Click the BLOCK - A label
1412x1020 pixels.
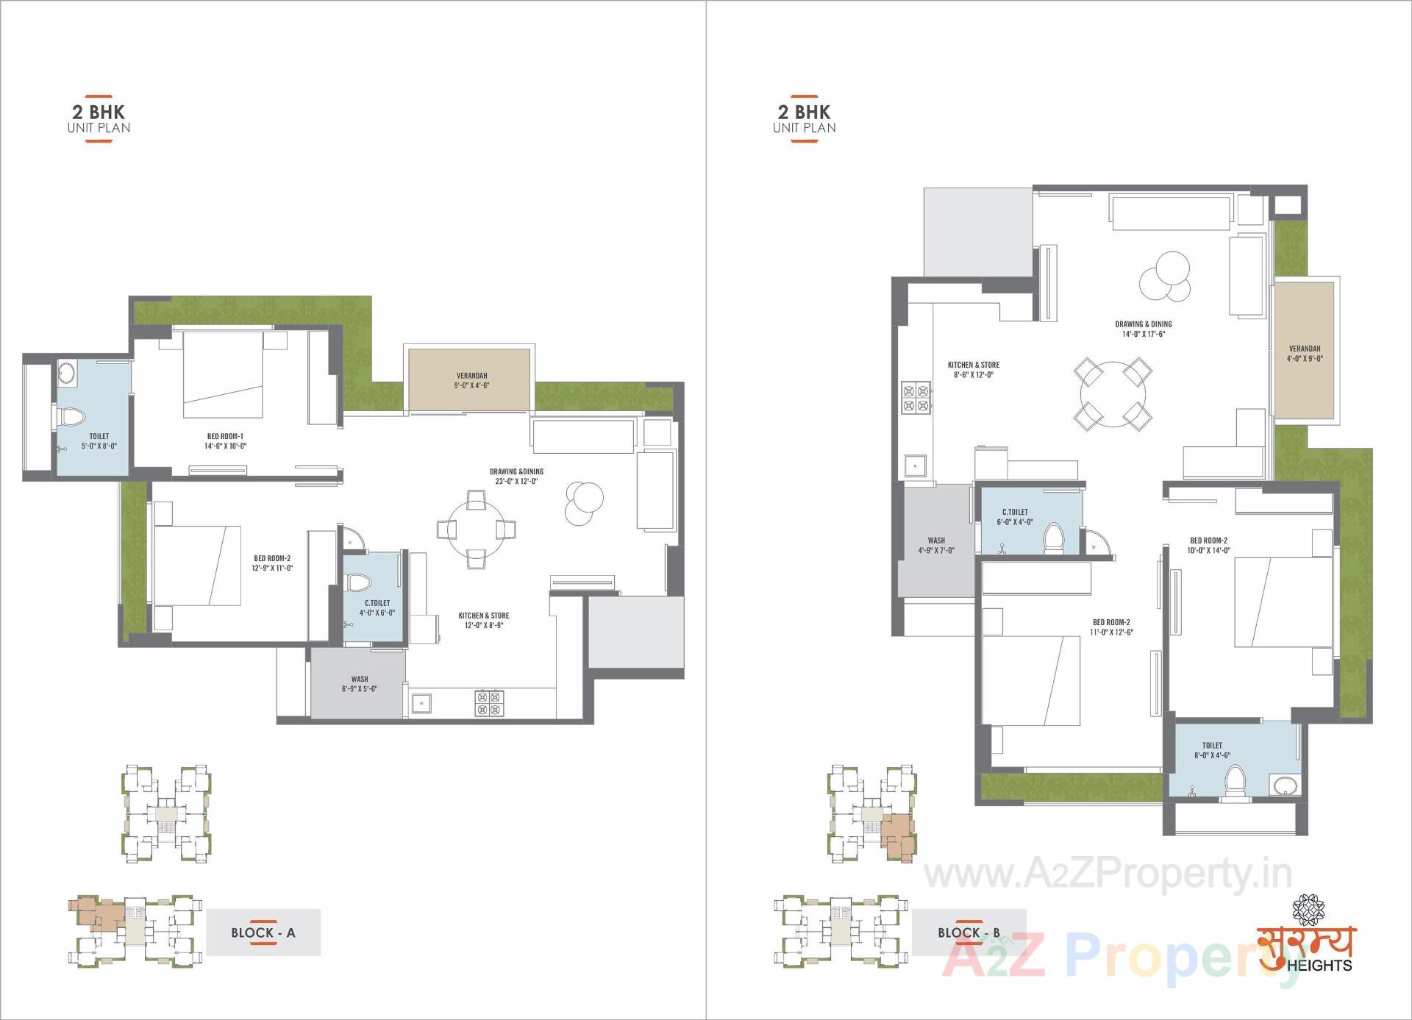[263, 932]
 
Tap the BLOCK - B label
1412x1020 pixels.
[969, 932]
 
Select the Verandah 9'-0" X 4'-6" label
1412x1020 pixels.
[471, 380]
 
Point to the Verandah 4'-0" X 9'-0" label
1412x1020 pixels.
[1304, 354]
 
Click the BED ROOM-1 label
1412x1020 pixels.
[225, 441]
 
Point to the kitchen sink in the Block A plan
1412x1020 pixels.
[421, 705]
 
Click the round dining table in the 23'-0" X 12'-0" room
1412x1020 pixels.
[477, 529]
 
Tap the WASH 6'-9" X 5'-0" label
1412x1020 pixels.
[359, 684]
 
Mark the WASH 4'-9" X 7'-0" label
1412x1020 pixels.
[935, 546]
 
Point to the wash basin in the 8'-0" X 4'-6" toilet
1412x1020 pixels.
[1286, 785]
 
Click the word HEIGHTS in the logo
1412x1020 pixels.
[1320, 965]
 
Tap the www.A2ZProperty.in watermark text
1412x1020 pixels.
[1108, 874]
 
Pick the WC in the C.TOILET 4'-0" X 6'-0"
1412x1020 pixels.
[360, 583]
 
